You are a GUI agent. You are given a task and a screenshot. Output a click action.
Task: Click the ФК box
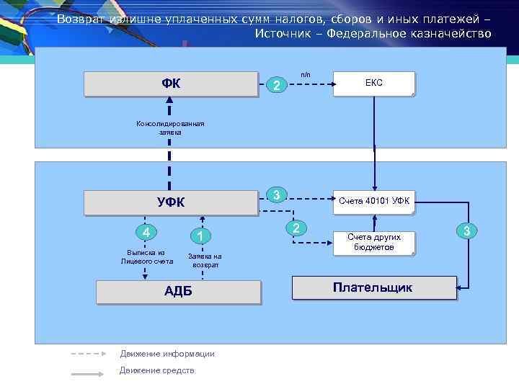171,84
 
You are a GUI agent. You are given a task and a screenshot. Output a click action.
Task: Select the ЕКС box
373,84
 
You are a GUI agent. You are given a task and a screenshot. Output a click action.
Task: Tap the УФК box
171,202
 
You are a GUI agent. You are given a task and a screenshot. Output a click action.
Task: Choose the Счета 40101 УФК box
373,202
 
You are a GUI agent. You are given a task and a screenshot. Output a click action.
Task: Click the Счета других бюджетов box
373,242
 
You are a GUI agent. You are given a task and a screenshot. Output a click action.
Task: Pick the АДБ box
178,292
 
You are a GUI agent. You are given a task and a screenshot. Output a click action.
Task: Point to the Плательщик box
373,288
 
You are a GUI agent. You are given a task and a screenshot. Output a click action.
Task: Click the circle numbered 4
146,233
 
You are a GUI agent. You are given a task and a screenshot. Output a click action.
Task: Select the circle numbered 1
201,236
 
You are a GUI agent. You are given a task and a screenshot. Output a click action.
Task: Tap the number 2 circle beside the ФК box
276,86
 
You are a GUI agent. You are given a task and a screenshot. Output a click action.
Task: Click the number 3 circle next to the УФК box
277,194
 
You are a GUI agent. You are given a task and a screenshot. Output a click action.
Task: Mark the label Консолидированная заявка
171,128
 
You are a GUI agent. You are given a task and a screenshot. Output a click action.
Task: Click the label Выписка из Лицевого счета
146,257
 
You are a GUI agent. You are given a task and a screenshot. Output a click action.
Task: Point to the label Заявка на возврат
205,261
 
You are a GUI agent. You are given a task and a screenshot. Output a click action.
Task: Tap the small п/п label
306,74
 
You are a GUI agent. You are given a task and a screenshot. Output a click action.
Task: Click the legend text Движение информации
167,354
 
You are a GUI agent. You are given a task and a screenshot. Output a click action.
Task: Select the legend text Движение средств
157,371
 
